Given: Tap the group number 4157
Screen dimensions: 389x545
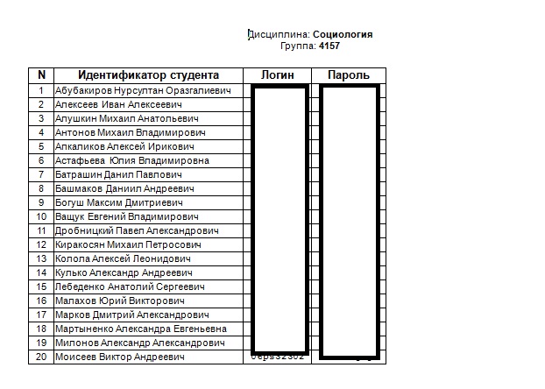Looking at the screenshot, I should pos(330,46).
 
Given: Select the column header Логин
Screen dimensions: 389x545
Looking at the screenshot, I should pos(278,75).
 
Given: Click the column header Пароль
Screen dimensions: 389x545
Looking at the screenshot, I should pos(349,75).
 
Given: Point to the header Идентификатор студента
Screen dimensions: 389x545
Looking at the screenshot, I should pos(148,75).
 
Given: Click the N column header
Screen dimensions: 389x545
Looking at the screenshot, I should pos(41,75).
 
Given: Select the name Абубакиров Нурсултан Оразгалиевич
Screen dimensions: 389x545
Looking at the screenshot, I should pos(143,90).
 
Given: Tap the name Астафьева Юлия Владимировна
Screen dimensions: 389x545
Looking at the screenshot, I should pos(132,160).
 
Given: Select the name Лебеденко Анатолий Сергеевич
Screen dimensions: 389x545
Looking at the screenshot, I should pos(130,286).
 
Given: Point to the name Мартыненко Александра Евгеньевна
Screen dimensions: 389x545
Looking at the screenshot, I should pos(141,329).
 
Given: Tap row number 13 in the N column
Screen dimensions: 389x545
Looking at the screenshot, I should pos(41,258).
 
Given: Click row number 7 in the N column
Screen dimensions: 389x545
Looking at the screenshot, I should pos(41,174).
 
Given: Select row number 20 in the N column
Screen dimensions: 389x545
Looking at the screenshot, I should pos(41,357).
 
